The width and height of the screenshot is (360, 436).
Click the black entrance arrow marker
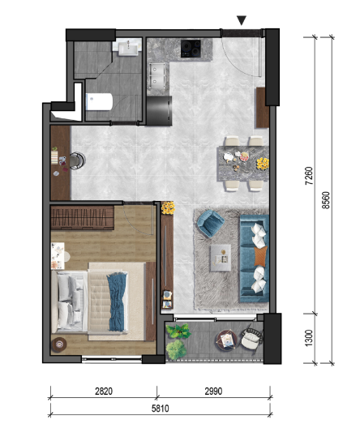pyautogui.click(x=241, y=20)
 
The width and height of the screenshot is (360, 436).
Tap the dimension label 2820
pyautogui.click(x=104, y=391)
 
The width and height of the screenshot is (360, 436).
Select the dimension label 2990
pyautogui.click(x=213, y=391)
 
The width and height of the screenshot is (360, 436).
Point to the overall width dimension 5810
pyautogui.click(x=160, y=408)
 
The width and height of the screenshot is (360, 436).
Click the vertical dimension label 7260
pyautogui.click(x=309, y=176)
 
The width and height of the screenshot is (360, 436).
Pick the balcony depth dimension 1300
pyautogui.click(x=309, y=338)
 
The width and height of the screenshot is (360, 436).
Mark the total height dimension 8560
pyautogui.click(x=325, y=200)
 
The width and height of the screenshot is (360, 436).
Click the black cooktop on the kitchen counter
pyautogui.click(x=191, y=49)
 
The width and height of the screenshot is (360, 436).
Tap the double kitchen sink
pyautogui.click(x=158, y=75)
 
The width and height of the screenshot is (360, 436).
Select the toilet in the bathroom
pyautogui.click(x=99, y=101)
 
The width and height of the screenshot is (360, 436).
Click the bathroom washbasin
pyautogui.click(x=127, y=48)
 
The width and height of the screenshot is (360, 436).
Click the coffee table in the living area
pyautogui.click(x=221, y=258)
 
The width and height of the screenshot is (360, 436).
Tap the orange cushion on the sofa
pyautogui.click(x=261, y=255)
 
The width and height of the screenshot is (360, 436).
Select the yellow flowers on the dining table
pyautogui.click(x=263, y=164)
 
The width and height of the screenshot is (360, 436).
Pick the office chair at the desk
pyautogui.click(x=77, y=160)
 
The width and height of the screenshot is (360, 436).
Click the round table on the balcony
pyautogui.click(x=227, y=340)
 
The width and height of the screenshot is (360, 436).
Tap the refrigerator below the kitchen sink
pyautogui.click(x=159, y=111)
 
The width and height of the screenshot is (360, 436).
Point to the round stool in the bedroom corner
pyautogui.click(x=59, y=344)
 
